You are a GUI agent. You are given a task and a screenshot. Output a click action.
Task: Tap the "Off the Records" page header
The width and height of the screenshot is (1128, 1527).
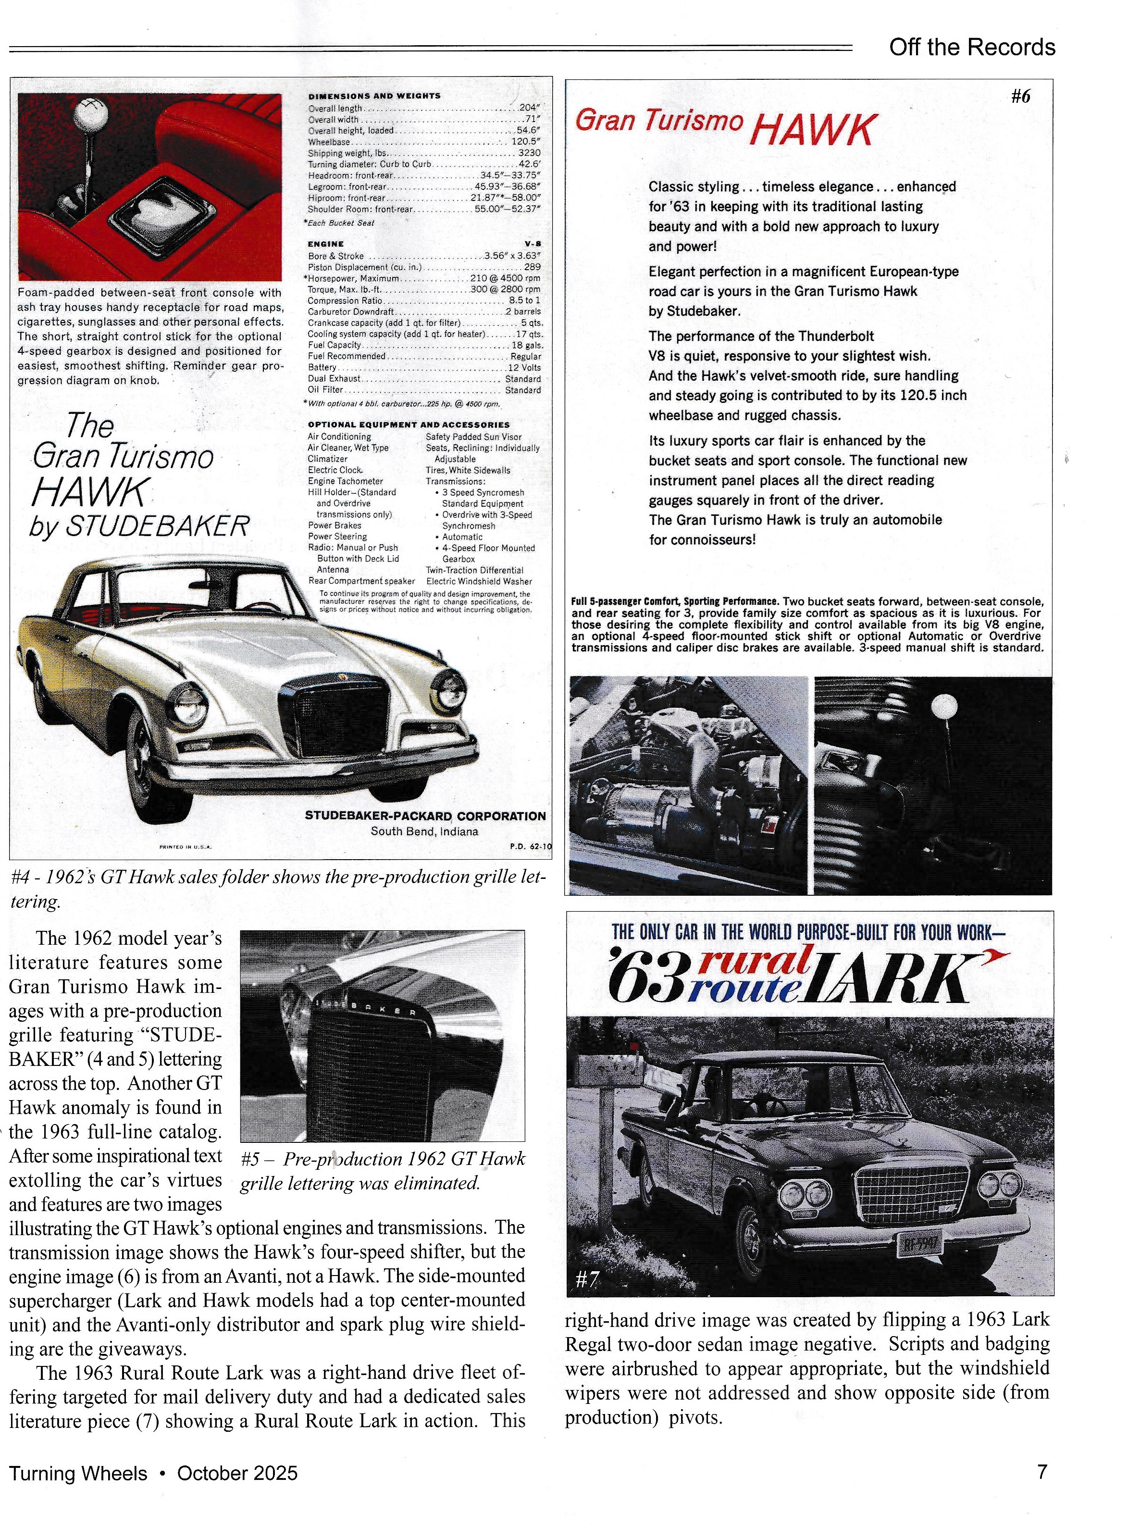click(x=972, y=47)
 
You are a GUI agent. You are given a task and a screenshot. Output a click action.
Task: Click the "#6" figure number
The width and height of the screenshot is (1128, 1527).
click(x=1020, y=96)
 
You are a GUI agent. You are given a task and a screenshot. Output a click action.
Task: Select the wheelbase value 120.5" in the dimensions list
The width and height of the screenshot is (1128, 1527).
click(x=526, y=142)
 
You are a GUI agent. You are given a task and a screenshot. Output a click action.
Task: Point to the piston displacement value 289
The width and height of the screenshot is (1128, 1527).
click(x=532, y=267)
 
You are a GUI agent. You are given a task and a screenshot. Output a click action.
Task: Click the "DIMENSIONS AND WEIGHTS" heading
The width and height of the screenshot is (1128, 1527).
click(x=374, y=96)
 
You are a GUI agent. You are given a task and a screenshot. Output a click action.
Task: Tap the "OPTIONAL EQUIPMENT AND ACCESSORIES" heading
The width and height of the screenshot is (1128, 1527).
click(x=409, y=425)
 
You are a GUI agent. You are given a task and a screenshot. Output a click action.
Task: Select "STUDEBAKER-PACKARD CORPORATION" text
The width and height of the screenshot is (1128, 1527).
click(x=425, y=816)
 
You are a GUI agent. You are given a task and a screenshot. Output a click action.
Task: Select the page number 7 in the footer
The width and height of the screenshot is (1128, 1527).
click(x=1042, y=1472)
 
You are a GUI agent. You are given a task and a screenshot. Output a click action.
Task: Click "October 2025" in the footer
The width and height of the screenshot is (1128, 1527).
click(x=237, y=1473)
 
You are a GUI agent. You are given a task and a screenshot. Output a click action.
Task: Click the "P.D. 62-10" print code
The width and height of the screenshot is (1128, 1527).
click(x=530, y=847)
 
